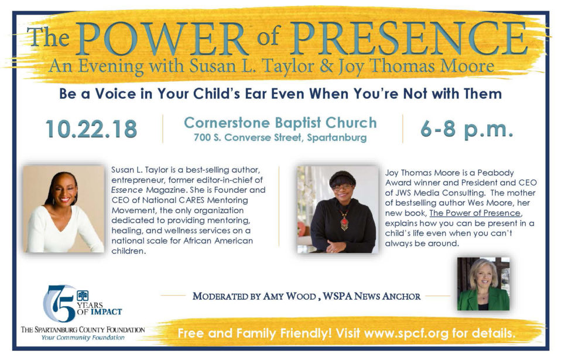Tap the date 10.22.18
click(91, 129)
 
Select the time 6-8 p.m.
click(467, 129)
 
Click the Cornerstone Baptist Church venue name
click(280, 122)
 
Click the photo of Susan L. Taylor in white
click(64, 209)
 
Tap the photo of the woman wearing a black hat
click(337, 210)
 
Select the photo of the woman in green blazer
click(483, 284)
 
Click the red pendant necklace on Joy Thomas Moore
click(344, 221)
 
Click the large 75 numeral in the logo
click(60, 303)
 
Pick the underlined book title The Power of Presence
click(475, 213)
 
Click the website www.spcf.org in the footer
click(406, 334)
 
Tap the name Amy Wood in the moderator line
click(289, 296)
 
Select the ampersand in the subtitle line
click(326, 67)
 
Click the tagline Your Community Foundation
click(83, 338)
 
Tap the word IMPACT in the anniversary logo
click(106, 312)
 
